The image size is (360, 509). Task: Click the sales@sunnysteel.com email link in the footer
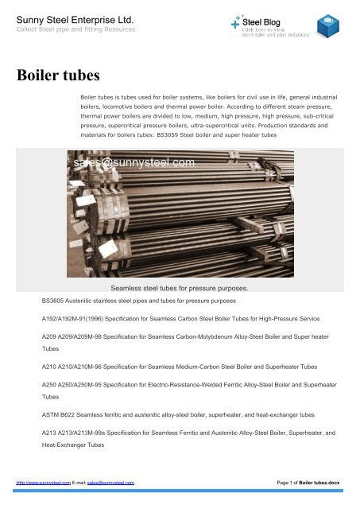pyautogui.click(x=110, y=483)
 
